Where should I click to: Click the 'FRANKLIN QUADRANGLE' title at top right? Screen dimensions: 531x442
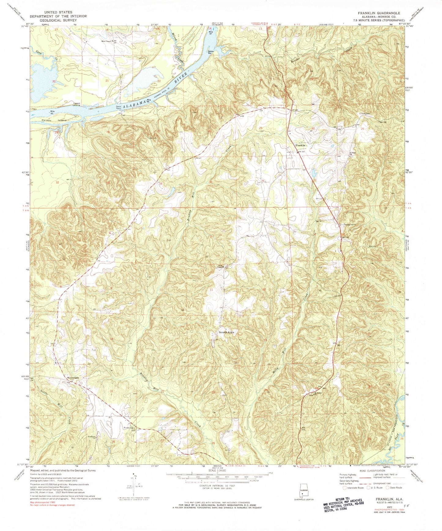tap(381, 13)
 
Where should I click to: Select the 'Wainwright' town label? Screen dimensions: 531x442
tap(73, 378)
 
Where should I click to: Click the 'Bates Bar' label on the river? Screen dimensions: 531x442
tap(211, 52)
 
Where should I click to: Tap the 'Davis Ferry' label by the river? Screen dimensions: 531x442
tap(119, 107)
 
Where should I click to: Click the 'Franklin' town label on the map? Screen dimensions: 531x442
tap(300, 146)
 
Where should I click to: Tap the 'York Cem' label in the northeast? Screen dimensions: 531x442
tap(366, 114)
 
